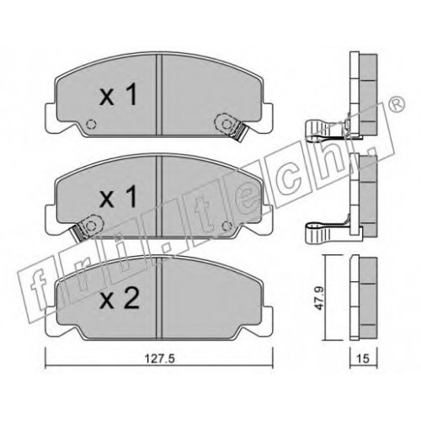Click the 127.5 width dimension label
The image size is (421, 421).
(160, 359)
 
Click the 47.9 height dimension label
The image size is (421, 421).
(319, 298)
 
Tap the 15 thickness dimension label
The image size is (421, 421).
(363, 359)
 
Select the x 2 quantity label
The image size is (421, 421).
(120, 298)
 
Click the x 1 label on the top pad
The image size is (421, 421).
(119, 94)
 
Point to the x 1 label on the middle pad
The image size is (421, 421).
(119, 196)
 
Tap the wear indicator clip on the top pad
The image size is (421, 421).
(231, 127)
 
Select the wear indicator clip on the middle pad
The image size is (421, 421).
(87, 226)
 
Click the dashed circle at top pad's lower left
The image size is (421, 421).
(91, 124)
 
